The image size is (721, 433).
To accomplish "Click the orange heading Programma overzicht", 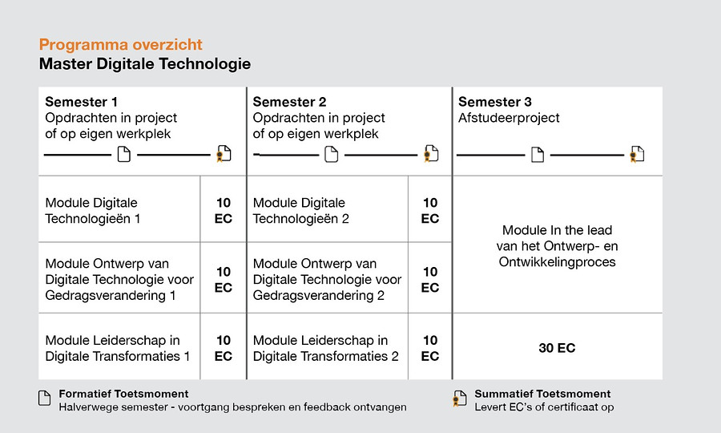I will (120, 45).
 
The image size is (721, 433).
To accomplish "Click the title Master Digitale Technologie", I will (144, 64).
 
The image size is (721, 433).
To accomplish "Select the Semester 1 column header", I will (81, 102).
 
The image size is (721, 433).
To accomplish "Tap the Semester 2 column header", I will (289, 102).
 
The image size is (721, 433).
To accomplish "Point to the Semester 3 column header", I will (494, 102).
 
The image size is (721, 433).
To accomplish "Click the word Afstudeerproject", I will (509, 118).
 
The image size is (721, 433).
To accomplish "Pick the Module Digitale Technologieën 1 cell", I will (93, 210).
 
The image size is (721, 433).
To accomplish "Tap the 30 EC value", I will (557, 348).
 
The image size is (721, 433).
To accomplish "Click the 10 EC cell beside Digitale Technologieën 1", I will (224, 210).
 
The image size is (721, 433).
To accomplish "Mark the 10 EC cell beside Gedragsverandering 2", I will (430, 280).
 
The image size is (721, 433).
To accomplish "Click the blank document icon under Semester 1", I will (123, 155).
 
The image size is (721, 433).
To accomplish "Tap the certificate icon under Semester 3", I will (637, 155).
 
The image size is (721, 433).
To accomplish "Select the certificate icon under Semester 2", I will (431, 154).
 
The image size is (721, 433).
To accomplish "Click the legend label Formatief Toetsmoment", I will (123, 394).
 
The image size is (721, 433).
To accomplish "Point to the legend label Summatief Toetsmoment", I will (542, 394).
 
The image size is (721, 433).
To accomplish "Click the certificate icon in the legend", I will (459, 399).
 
